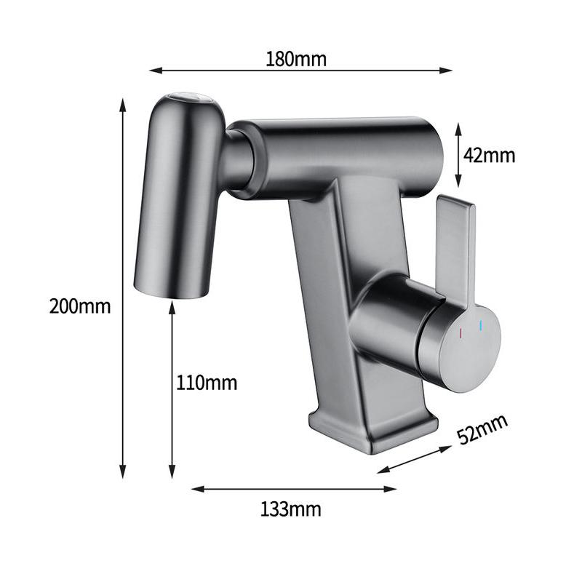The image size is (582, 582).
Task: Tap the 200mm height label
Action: [x=80, y=306]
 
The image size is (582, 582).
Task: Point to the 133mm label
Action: [x=291, y=509]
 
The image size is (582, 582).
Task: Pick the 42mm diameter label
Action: [x=489, y=155]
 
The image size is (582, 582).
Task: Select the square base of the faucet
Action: [x=372, y=429]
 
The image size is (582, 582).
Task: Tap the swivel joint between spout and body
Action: [x=239, y=159]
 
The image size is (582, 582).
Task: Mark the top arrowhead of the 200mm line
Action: [x=123, y=103]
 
